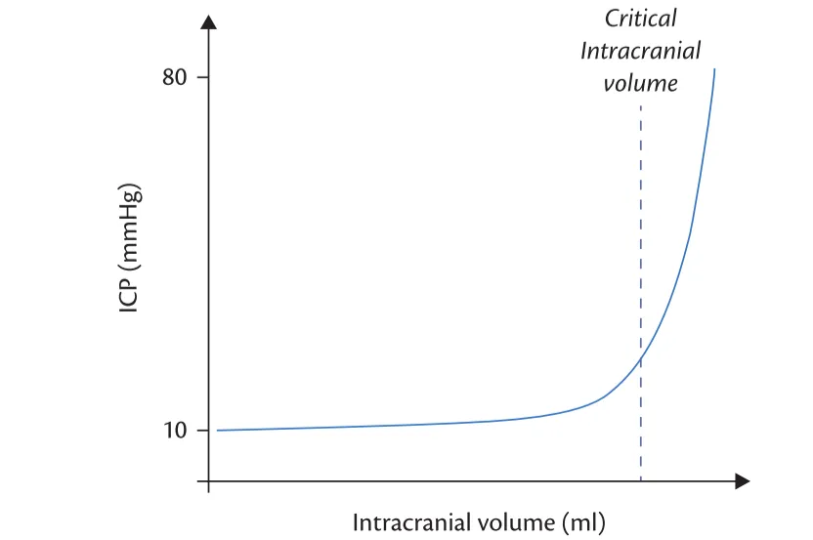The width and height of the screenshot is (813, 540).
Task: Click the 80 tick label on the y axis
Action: click(176, 77)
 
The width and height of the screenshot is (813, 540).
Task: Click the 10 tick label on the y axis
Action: click(176, 431)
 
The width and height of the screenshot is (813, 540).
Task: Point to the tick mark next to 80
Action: click(203, 77)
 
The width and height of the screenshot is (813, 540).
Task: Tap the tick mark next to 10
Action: click(203, 431)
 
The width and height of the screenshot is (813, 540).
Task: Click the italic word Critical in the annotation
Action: click(640, 19)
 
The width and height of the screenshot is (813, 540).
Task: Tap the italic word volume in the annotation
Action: click(640, 83)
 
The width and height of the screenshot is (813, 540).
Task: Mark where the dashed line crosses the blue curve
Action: click(640, 359)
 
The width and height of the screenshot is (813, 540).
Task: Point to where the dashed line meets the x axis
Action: click(640, 481)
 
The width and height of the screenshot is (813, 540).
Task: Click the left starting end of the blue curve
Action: click(217, 431)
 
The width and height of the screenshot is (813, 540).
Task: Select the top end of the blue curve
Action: click(715, 70)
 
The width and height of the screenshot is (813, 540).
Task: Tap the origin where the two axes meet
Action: click(209, 481)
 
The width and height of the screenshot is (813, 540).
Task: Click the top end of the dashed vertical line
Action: click(640, 105)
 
